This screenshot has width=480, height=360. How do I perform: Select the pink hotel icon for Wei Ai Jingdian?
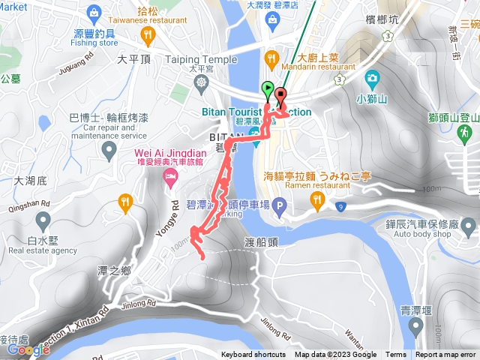tap(170, 178)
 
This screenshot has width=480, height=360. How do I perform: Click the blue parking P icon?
tap(278, 205)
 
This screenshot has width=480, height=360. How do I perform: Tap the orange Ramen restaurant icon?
tap(317, 199)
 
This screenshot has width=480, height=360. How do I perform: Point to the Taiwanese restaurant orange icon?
tap(149, 34)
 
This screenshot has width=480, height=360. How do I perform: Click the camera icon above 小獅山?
tap(372, 78)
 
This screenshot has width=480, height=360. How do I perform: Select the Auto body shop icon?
tap(469, 224)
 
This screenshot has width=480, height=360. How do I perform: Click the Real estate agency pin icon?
tap(42, 220)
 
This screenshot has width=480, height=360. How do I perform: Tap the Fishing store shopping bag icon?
tap(93, 13)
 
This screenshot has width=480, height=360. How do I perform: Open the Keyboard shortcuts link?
tap(253, 355)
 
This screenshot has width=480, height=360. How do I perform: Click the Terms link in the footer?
tap(396, 355)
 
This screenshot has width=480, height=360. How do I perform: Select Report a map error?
tap(445, 355)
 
